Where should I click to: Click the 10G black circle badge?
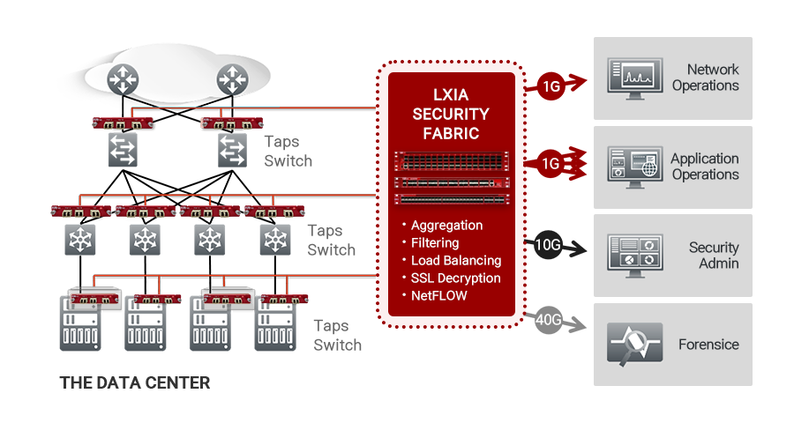click(548, 245)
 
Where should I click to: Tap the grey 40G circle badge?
click(548, 320)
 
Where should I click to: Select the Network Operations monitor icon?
click(635, 78)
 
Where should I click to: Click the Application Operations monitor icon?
click(635, 167)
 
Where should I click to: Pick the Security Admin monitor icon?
click(635, 256)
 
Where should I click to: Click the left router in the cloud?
click(123, 79)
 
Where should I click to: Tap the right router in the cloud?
click(232, 79)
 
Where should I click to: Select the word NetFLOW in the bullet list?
click(439, 295)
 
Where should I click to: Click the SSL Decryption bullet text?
click(456, 278)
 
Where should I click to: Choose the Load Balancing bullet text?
click(456, 260)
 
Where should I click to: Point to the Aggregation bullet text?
click(446, 226)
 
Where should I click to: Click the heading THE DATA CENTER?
click(135, 383)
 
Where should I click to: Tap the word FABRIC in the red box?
click(451, 134)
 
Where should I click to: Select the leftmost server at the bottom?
click(80, 323)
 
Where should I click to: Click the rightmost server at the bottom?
click(275, 323)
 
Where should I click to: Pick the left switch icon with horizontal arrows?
click(123, 150)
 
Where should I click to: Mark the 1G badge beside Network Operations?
click(551, 86)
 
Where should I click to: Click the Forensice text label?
click(708, 345)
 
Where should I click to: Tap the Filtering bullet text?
click(435, 243)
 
